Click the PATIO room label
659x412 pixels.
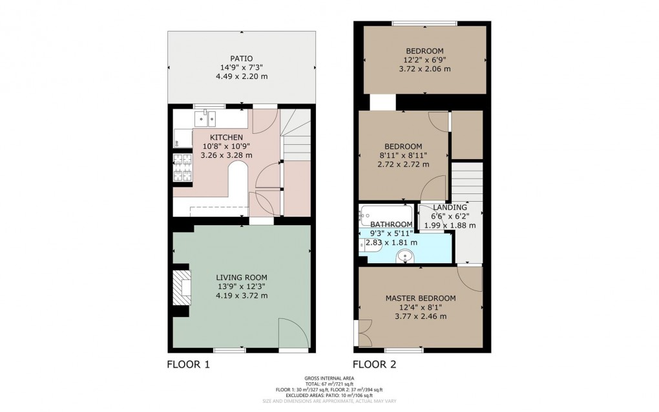coord(241,58)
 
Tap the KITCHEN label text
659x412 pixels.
coord(226,137)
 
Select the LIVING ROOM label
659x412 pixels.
coord(242,277)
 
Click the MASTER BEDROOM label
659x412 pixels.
coord(420,298)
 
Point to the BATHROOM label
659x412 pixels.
coord(392,224)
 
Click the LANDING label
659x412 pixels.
coord(450,207)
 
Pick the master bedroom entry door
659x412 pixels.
coord(469,278)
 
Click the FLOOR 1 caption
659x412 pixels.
coord(188,365)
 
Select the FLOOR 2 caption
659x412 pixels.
coord(374,365)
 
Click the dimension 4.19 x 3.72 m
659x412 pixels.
coord(242,296)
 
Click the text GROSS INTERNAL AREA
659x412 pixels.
coord(329,378)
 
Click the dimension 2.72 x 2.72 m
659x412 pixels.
coord(403,164)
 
